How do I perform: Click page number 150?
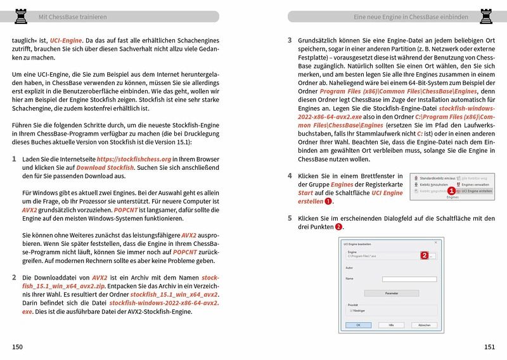pos(17,346)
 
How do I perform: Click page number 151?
pos(489,346)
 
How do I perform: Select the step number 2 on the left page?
pos(15,278)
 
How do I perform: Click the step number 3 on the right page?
pos(290,39)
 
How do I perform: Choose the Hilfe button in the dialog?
pos(391,324)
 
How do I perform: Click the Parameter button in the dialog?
pos(391,293)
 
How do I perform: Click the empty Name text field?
pos(409,278)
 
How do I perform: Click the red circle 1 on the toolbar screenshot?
pos(452,190)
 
